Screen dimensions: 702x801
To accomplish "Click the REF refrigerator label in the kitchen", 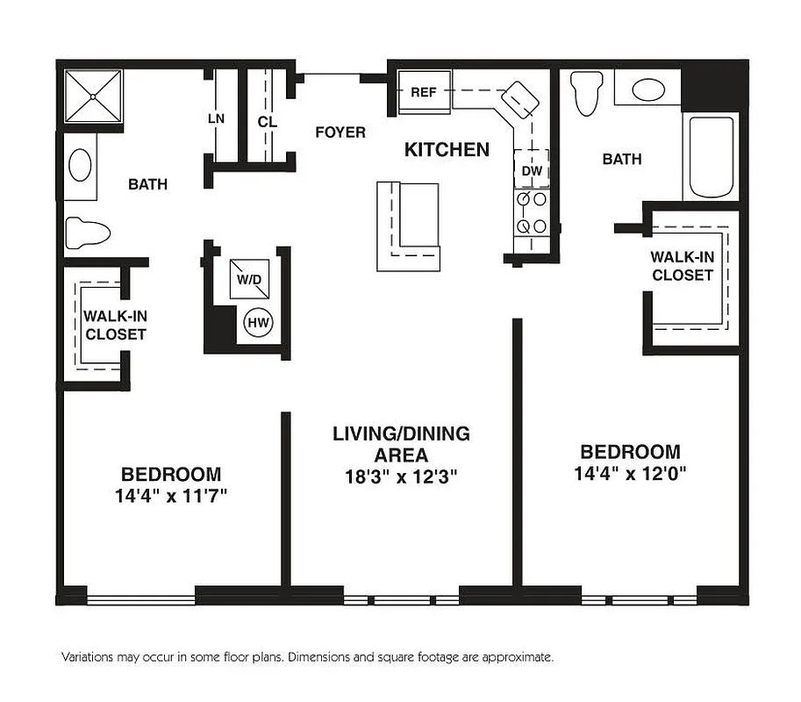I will tap(424, 92).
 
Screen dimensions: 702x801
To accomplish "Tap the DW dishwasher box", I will tap(532, 171).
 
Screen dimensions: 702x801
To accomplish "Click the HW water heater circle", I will tap(259, 323).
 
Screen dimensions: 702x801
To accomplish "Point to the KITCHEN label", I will tap(447, 150).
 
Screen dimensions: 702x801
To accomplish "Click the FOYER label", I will tap(340, 133).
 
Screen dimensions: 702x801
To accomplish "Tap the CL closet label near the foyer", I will tap(268, 122).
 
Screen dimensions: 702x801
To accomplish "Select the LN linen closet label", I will tap(216, 118).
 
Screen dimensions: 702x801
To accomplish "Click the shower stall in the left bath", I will tap(91, 97).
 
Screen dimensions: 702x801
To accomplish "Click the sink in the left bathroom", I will tap(81, 165).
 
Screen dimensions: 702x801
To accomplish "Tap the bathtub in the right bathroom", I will tap(712, 157).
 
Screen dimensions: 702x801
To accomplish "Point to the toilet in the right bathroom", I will tap(585, 91).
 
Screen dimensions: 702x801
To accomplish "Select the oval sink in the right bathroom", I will tap(648, 90).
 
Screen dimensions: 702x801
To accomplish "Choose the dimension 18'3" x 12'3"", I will tap(401, 477).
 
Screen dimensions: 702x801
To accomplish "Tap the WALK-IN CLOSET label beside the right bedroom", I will tap(682, 266).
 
